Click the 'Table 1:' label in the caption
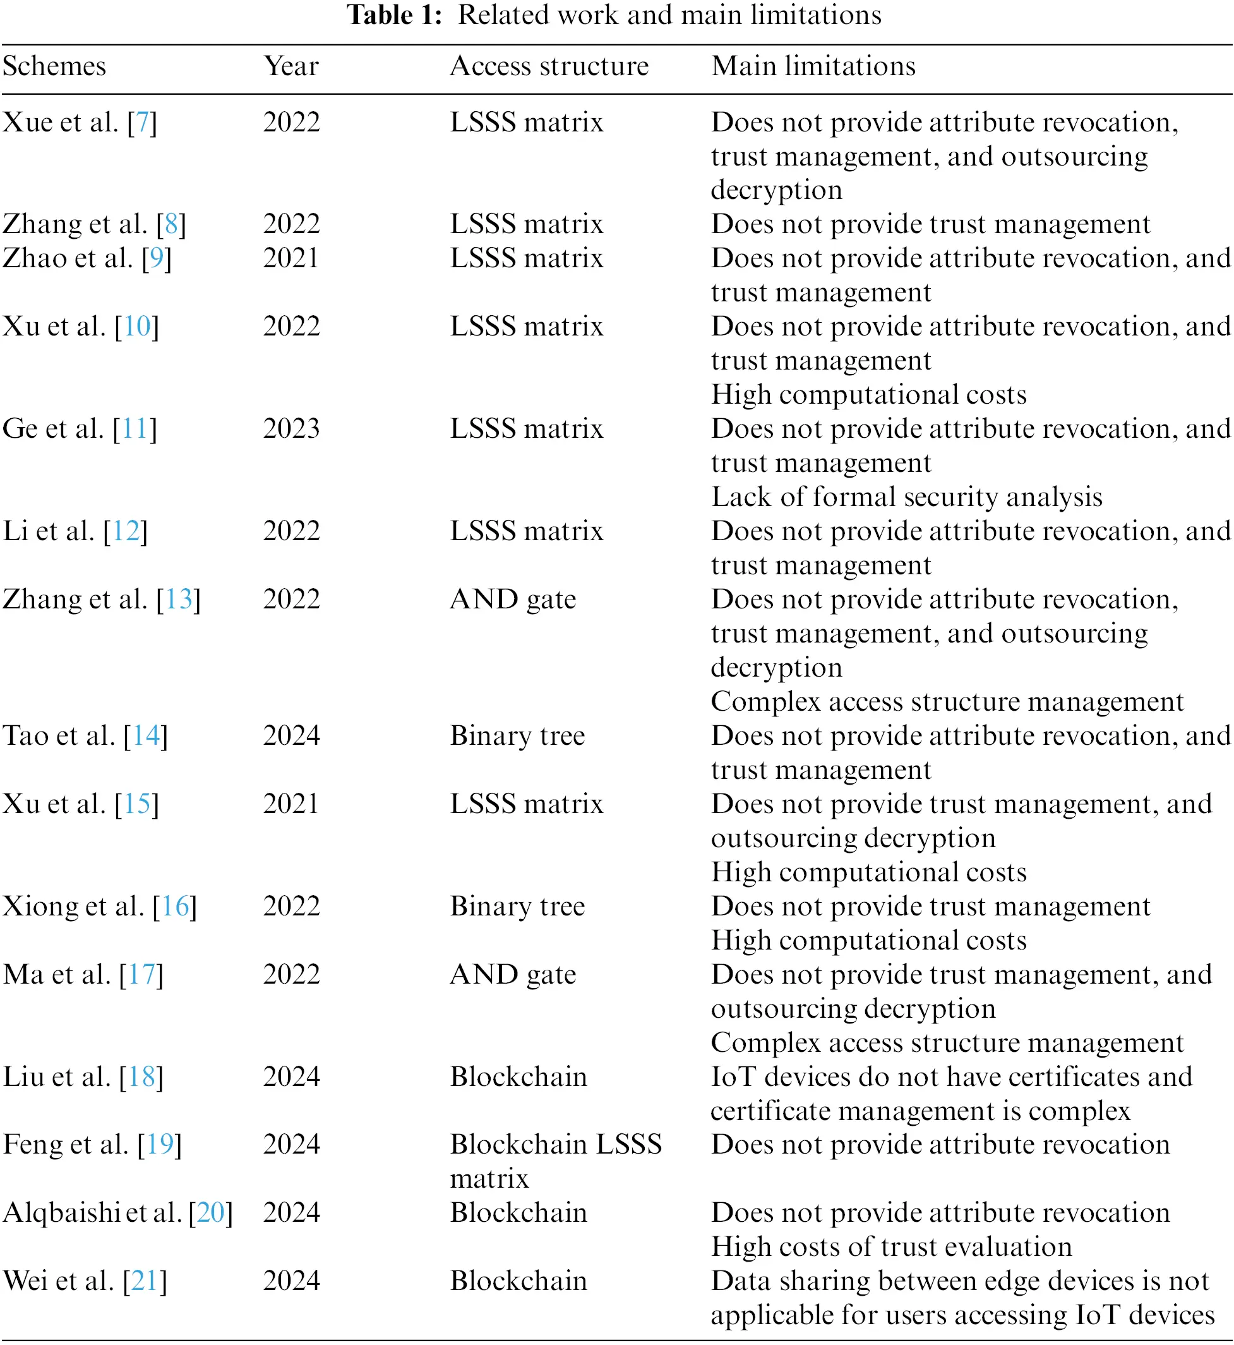click(x=394, y=15)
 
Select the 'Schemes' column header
click(x=54, y=66)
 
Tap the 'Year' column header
click(x=291, y=66)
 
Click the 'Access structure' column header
click(x=549, y=66)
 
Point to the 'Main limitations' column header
click(x=813, y=66)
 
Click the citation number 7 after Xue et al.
click(x=142, y=122)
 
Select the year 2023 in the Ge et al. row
click(x=291, y=429)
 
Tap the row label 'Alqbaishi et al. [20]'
click(x=117, y=1213)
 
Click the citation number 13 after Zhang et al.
click(x=179, y=600)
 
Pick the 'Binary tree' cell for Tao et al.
click(x=517, y=736)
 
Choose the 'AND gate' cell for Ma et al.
click(x=513, y=974)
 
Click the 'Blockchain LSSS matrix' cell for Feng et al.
click(x=556, y=1161)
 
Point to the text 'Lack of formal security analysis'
click(x=906, y=497)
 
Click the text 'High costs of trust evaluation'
click(x=891, y=1247)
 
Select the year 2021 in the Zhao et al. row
click(x=291, y=258)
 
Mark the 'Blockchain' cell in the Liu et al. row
click(x=518, y=1077)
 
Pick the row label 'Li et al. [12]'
click(x=75, y=531)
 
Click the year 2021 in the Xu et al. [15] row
click(x=291, y=804)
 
